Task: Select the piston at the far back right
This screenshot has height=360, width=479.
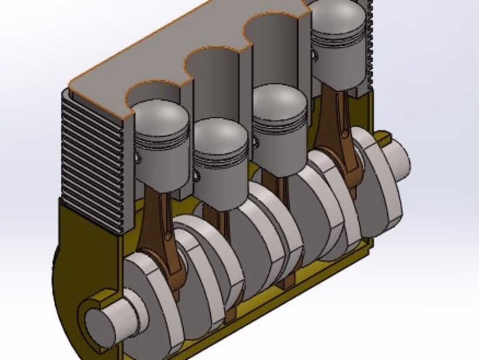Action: [337, 44]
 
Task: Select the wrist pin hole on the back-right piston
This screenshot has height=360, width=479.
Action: [313, 54]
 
